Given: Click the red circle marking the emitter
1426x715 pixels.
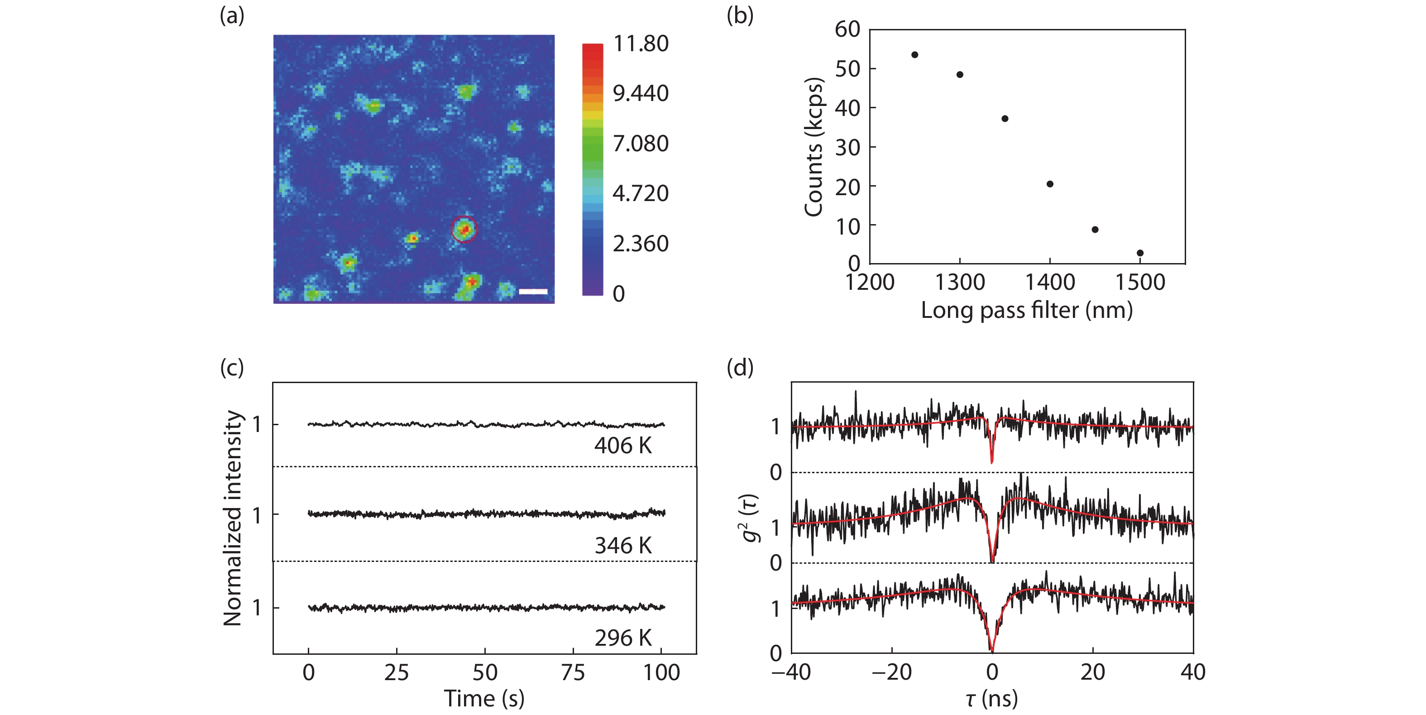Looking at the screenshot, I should [464, 229].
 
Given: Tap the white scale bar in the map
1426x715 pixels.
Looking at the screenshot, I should [533, 291].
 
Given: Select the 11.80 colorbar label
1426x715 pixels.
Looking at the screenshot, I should [641, 44].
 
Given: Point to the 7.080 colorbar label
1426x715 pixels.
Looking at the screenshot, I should [641, 144].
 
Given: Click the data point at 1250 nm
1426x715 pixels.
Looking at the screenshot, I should [914, 55].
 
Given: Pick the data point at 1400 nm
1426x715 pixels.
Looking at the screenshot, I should [1049, 184].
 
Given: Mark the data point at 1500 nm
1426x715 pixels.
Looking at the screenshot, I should [1140, 253].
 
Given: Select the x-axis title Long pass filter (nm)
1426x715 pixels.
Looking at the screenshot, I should [1027, 310].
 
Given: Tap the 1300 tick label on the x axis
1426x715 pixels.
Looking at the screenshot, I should [960, 283].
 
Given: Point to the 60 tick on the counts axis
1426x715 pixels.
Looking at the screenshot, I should [847, 29].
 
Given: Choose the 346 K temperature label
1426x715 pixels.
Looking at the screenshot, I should [623, 546].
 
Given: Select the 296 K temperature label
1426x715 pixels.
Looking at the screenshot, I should [623, 638].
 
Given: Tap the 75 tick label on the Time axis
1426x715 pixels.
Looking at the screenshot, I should [573, 673].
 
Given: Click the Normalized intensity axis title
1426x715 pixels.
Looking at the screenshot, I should [233, 518].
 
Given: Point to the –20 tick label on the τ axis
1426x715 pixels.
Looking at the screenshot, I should [891, 672].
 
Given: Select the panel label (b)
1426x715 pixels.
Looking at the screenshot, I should [740, 16].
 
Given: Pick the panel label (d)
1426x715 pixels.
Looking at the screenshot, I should [740, 367].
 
